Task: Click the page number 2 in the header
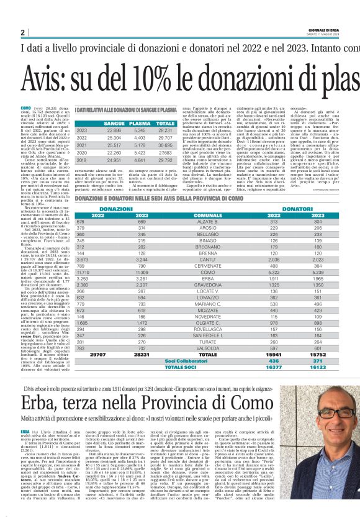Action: tap(22, 32)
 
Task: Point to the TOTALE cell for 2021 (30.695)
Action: tap(166, 145)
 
